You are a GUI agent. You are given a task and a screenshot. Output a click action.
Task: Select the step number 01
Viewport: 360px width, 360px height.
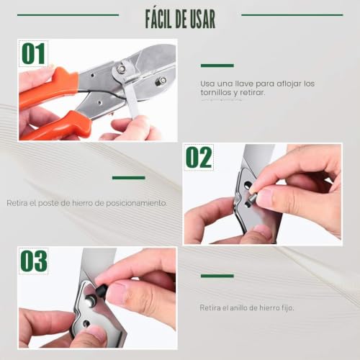click(x=33, y=54)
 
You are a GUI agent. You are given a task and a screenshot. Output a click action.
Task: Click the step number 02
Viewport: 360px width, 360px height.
click(x=199, y=158)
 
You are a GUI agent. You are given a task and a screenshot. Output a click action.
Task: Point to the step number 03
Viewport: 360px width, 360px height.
click(x=33, y=261)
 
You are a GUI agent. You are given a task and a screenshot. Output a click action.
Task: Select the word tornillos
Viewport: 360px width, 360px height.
click(x=216, y=92)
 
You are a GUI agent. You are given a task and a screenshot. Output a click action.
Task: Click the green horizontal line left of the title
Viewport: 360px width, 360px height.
click(x=68, y=15)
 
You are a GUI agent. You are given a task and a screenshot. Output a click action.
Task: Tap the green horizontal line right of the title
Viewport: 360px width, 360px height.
click(x=292, y=15)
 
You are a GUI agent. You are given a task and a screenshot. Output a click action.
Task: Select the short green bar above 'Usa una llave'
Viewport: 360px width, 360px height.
click(x=217, y=66)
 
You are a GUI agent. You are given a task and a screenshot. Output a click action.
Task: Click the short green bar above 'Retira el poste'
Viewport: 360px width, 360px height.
click(x=129, y=178)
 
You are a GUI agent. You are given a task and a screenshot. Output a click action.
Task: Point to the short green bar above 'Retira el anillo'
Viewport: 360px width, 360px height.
click(x=217, y=276)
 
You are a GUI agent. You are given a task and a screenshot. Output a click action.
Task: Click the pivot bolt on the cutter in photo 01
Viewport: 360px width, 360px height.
click(x=121, y=69)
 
